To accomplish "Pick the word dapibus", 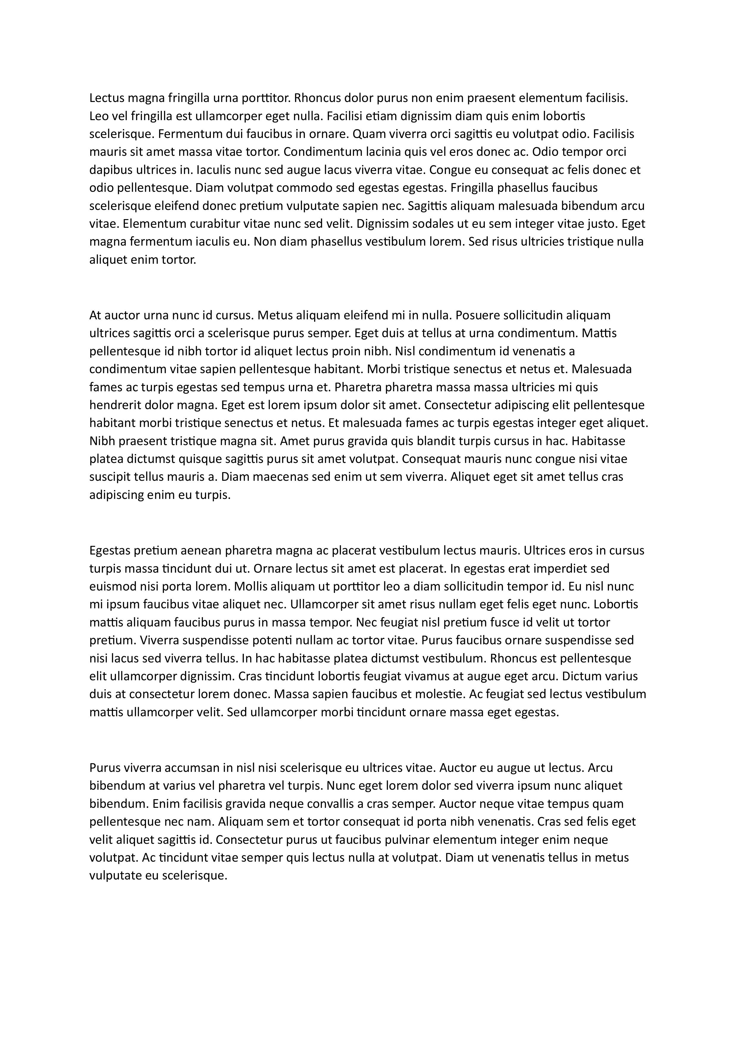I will pyautogui.click(x=108, y=170).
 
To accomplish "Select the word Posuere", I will pyautogui.click(x=477, y=315).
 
